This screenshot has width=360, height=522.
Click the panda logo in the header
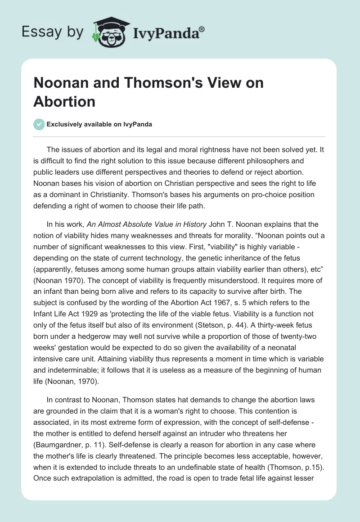109,32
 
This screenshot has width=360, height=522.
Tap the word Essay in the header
37,32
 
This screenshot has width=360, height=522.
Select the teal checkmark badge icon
39,125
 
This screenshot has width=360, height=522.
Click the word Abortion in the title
64,101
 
